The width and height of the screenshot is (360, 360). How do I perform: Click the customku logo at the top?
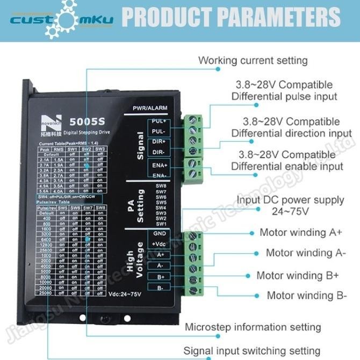tap(62, 20)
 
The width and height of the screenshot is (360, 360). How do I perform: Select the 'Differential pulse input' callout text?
tap(284, 97)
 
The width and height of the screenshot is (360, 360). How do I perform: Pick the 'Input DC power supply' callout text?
tap(291, 200)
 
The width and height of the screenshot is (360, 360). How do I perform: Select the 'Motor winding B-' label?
tap(307, 296)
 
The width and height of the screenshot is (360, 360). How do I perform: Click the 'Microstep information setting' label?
tap(253, 327)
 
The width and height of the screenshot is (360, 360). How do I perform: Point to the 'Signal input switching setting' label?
tap(252, 351)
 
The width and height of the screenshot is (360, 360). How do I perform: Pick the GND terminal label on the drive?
tap(160, 234)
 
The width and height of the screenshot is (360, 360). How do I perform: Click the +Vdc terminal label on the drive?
tap(160, 244)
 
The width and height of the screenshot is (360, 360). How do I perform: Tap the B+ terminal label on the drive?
tap(160, 277)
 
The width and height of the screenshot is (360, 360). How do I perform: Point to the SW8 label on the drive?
tap(161, 186)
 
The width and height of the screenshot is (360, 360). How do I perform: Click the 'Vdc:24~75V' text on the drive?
tap(124, 294)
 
